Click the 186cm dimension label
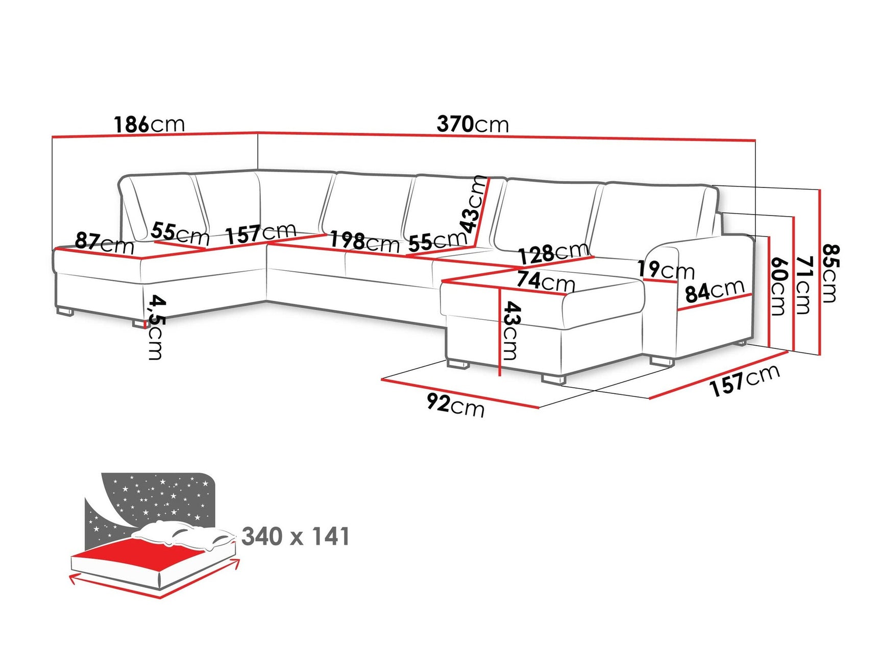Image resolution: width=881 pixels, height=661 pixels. (x=149, y=125)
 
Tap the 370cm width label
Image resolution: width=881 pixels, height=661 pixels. (x=473, y=125)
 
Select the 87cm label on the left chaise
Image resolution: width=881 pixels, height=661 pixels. (x=104, y=243)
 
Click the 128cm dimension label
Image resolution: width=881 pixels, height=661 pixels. (x=554, y=253)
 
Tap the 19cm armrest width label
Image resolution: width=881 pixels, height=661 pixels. (x=666, y=270)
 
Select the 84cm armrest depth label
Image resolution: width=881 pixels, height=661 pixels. (x=715, y=291)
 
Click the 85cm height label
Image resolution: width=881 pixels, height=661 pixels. (x=830, y=273)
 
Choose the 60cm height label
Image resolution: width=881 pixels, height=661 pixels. (x=777, y=287)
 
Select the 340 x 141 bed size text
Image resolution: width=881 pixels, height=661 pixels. (x=296, y=536)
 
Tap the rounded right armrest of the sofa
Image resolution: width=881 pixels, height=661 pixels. (x=664, y=261)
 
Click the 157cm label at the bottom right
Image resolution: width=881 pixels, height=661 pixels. (x=745, y=381)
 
